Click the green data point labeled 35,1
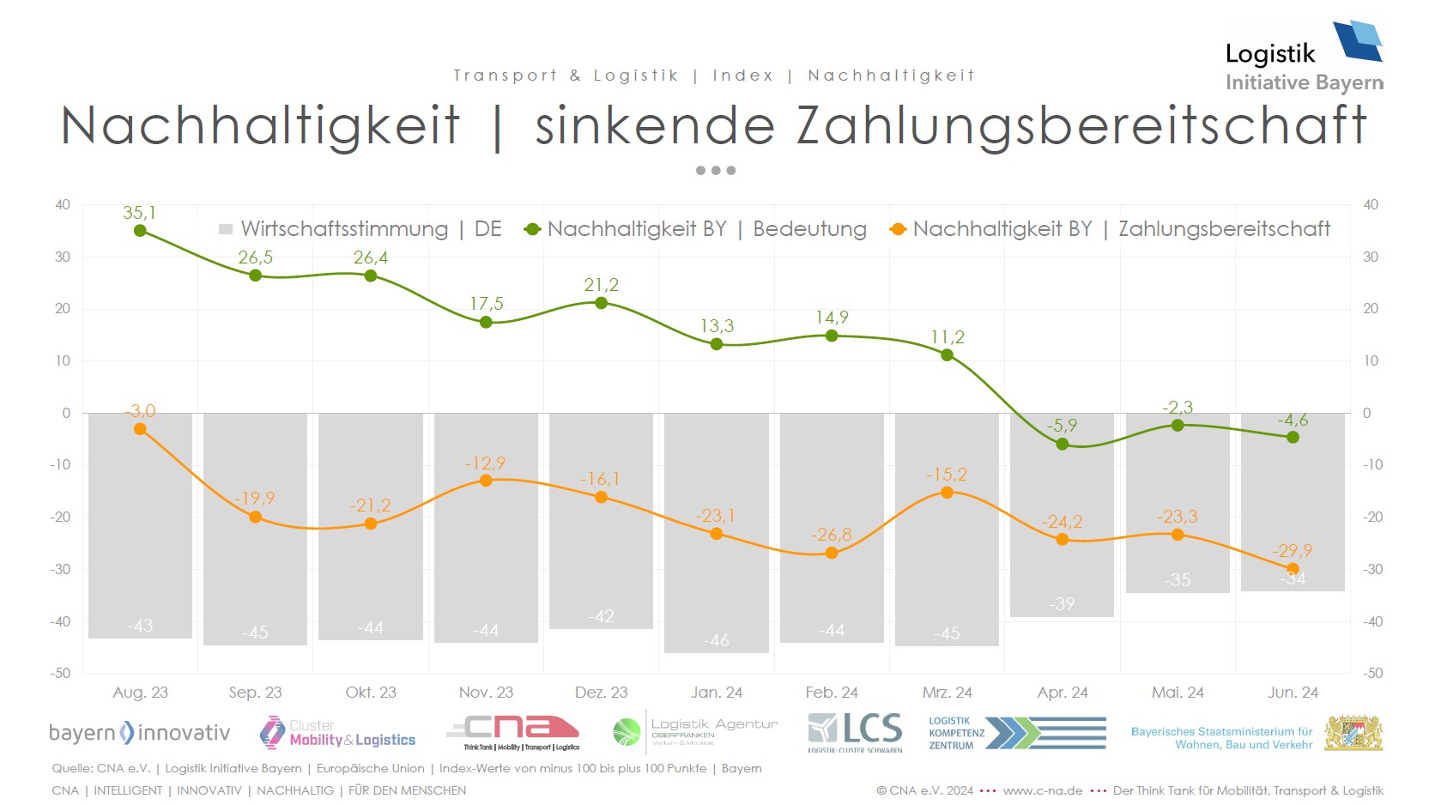pos(140,231)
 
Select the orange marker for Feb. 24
pos(832,554)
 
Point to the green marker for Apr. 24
pos(1063,445)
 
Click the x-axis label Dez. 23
pos(601,693)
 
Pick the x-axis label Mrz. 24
pos(947,693)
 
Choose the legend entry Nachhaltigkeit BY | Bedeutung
pos(696,229)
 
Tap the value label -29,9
pos(1293,551)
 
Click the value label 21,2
pos(601,285)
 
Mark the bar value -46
pos(717,640)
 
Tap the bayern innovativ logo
pos(139,733)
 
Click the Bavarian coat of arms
pos(1353,733)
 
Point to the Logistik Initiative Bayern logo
pos(1304,57)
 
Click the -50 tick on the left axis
pos(60,673)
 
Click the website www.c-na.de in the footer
pos(1042,790)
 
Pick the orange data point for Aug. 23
pos(140,429)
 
